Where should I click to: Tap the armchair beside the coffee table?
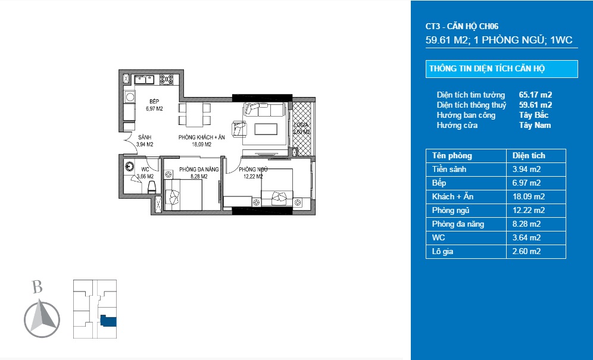pyautogui.click(x=240, y=129)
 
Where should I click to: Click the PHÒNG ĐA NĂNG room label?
pyautogui.click(x=199, y=170)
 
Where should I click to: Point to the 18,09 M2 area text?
pyautogui.click(x=201, y=144)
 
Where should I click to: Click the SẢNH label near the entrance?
pyautogui.click(x=145, y=137)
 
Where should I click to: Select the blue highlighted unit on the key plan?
pyautogui.click(x=108, y=321)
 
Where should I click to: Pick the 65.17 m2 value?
pyautogui.click(x=535, y=95)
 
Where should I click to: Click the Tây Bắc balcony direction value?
pyautogui.click(x=533, y=115)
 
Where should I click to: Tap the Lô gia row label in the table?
pyautogui.click(x=444, y=251)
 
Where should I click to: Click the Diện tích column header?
pyautogui.click(x=529, y=155)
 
